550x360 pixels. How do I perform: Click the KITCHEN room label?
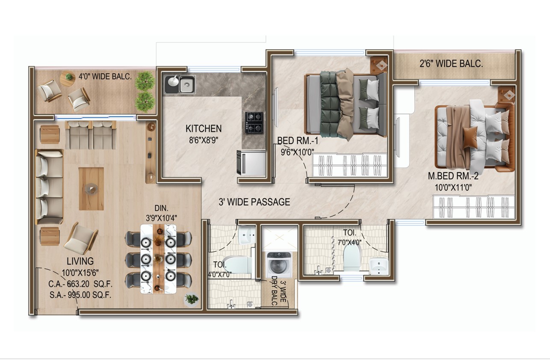pos(204,128)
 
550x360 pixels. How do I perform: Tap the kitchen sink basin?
pos(187,84)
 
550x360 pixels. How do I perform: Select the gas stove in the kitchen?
pos(254,122)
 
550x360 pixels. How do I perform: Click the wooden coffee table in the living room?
pos(92,189)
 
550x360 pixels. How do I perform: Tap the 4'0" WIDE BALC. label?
pos(105,77)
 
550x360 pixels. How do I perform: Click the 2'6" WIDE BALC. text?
pos(451,64)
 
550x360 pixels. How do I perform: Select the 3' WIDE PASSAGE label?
pos(254,202)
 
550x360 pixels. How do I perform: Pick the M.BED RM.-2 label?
pos(453,176)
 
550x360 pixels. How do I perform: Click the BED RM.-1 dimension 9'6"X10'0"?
pos(297,152)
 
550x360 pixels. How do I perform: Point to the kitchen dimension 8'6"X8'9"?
pos(204,140)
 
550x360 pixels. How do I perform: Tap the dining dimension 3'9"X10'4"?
pos(161,218)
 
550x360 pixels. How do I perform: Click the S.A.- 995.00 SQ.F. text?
pos(80,295)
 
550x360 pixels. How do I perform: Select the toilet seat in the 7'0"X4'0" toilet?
pos(352,259)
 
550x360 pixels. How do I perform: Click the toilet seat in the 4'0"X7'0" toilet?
pos(237,265)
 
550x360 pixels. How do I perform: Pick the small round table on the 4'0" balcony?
pos(68,78)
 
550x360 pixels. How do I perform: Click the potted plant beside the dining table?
pos(192,299)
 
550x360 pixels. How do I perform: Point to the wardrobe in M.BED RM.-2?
pos(473,207)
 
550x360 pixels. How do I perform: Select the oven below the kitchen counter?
pos(251,163)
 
